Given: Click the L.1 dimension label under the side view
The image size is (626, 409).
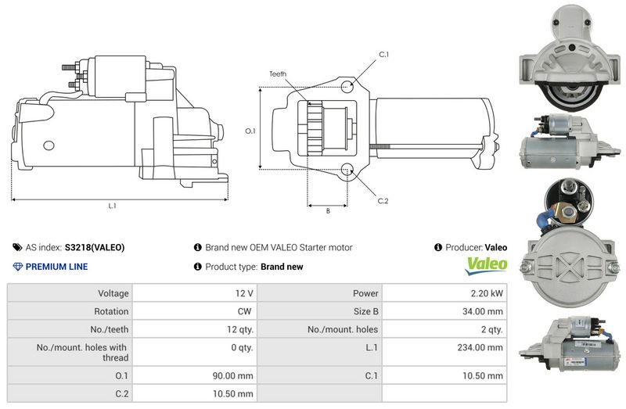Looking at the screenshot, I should coord(112,206).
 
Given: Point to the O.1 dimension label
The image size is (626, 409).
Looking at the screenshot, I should coord(250,131).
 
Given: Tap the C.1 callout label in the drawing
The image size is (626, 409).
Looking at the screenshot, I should coord(383,55).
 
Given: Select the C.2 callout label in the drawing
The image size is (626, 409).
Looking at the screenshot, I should coord(383,201).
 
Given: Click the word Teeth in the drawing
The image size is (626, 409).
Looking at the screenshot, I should coord(278,74).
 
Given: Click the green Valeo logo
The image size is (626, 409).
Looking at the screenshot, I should coord(486,266).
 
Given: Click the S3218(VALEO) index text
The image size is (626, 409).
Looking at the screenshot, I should coord(95,248).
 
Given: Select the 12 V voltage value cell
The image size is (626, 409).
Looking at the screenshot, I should coord(244,294).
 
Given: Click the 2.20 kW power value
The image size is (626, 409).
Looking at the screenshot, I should coord(486,294).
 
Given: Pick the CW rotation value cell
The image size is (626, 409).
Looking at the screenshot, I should coord(244,312).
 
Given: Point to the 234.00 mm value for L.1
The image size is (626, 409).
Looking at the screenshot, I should coord(481,347).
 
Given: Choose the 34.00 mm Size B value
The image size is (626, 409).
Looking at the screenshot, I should coord(484,312).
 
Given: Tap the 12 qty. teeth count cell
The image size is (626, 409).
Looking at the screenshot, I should coord(236,329).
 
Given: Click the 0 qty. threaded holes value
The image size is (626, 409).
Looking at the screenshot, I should coord(239,347).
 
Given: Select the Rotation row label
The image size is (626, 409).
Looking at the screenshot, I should coord(112,312).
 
